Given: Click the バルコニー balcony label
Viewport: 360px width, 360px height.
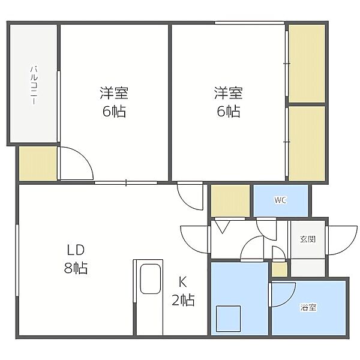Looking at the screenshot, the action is (x=34, y=85).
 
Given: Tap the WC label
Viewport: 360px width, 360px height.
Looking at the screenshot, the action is (x=281, y=200).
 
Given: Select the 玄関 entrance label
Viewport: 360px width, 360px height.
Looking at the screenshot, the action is (x=308, y=239).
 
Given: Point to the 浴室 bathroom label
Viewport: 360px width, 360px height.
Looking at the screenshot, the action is (x=308, y=307).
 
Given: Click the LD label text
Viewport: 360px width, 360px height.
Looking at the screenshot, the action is (x=76, y=250).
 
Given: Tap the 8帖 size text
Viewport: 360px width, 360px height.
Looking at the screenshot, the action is (x=76, y=268).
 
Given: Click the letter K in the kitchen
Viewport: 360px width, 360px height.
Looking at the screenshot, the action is (x=183, y=282).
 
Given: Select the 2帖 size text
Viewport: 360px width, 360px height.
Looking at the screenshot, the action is (x=183, y=300).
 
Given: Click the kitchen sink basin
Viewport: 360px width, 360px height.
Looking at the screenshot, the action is (x=151, y=279).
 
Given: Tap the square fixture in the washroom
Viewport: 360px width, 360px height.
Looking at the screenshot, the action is (x=228, y=319).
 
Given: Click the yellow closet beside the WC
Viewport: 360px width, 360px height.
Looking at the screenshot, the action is (x=230, y=200).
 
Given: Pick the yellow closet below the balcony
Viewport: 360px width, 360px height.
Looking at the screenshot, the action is (x=38, y=163).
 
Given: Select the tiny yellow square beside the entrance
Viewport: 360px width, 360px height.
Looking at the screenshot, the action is (x=280, y=269).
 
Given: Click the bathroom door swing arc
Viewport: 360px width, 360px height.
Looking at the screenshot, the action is (x=290, y=299).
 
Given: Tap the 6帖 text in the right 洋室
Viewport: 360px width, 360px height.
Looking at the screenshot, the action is (x=229, y=112).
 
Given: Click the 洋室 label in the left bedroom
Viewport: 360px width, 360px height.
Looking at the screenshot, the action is (x=114, y=93).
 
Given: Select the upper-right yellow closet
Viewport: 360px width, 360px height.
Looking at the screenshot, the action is (x=307, y=64).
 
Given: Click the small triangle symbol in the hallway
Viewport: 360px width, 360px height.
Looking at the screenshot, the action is (x=222, y=226).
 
